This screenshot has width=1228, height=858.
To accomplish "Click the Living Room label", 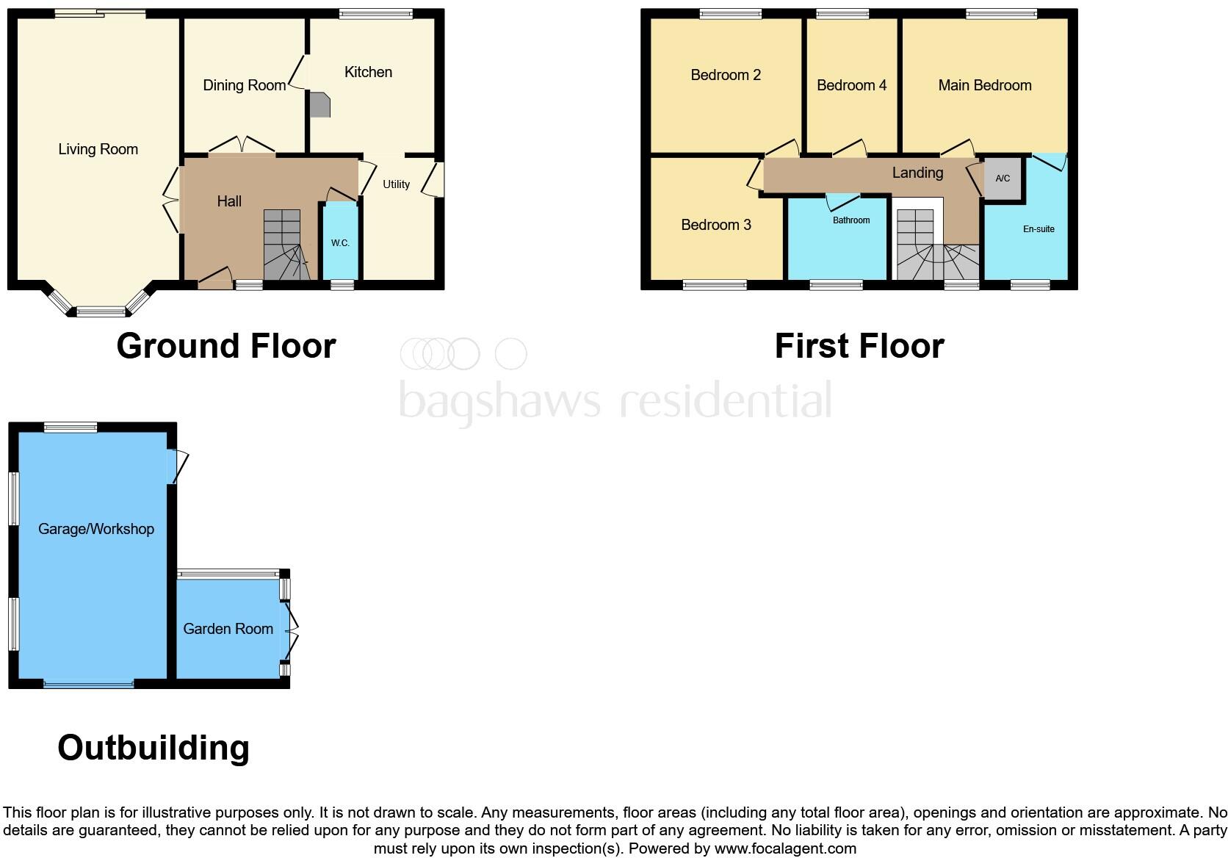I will point(98,150).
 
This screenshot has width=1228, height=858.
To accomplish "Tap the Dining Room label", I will point(244,85).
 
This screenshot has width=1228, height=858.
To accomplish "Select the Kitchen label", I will point(368,72).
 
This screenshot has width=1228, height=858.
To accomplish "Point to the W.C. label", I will point(340,243).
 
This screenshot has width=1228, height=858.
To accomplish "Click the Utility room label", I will point(396,184).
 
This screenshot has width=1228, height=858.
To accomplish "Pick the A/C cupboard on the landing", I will point(1003,179).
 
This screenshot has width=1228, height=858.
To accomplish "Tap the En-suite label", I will point(1039,229).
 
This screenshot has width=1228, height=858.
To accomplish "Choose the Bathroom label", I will point(851,220).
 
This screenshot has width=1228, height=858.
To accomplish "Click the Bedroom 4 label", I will point(851,85).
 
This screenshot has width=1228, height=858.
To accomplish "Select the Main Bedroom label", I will point(984,85).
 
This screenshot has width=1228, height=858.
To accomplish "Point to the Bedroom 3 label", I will point(716,225).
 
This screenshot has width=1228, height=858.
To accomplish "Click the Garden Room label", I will point(228,629).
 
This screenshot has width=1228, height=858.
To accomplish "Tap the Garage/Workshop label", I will point(96,529).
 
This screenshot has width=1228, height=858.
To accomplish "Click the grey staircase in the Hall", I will point(283,246).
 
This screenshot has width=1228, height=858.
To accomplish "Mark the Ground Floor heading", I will point(226,346).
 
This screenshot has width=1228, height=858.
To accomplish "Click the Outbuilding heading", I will point(153,748).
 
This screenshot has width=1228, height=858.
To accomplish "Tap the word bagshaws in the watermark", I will point(499,401).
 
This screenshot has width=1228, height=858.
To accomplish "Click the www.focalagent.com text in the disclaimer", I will point(785,848).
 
